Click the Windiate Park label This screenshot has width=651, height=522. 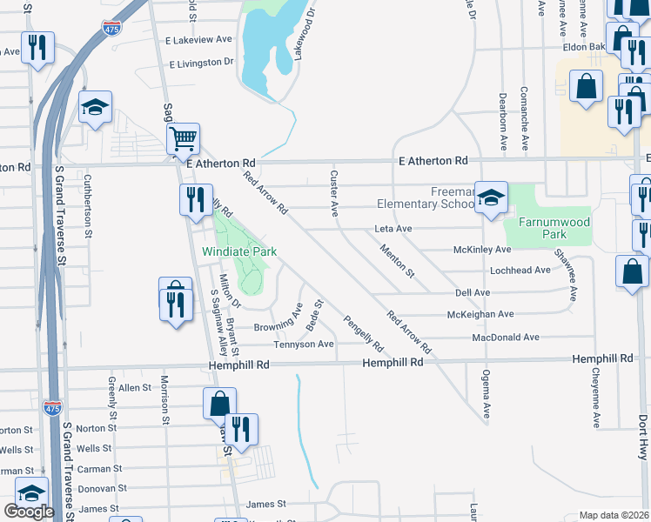pyautogui.click(x=239, y=251)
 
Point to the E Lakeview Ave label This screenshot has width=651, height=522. pyautogui.click(x=199, y=40)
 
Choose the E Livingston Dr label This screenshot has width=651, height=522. pyautogui.click(x=202, y=64)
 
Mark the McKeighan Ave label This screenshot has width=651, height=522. pyautogui.click(x=480, y=314)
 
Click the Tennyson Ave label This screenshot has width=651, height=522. pyautogui.click(x=304, y=345)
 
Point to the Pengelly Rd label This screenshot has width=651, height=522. pyautogui.click(x=363, y=332)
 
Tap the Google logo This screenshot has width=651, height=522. pyautogui.click(x=28, y=512)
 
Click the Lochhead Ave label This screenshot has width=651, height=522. pyautogui.click(x=520, y=271)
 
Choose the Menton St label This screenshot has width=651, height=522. pyautogui.click(x=398, y=261)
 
